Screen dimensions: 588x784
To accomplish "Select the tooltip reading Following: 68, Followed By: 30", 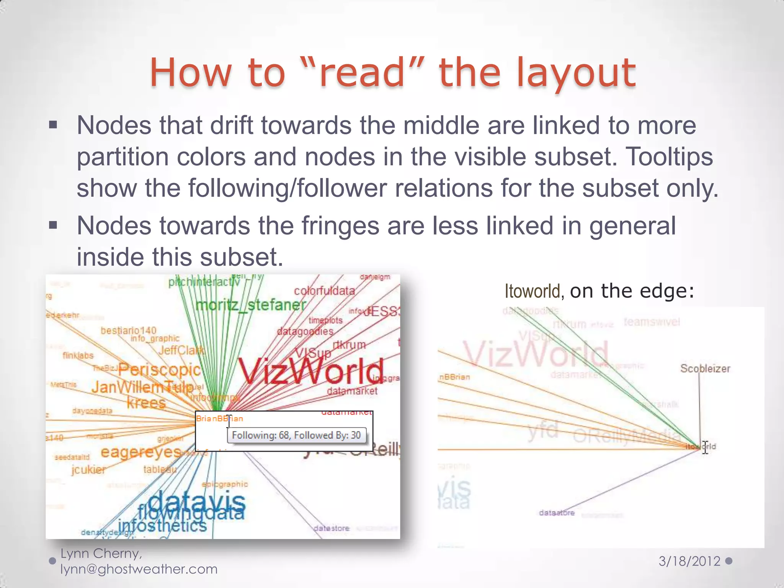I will pyautogui.click(x=296, y=435).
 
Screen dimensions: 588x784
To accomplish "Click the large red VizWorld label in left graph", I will pyautogui.click(x=311, y=371).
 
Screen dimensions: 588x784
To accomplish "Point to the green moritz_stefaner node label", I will pyautogui.click(x=251, y=305).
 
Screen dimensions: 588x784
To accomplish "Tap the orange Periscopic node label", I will pyautogui.click(x=159, y=369).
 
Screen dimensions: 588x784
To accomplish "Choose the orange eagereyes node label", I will pyautogui.click(x=141, y=452).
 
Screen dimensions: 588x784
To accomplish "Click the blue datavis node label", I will pyautogui.click(x=197, y=502).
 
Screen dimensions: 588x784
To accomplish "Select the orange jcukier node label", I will pyautogui.click(x=88, y=469).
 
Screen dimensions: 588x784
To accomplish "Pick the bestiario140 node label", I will pyautogui.click(x=128, y=330).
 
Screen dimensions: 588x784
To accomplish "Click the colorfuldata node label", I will pyautogui.click(x=324, y=291).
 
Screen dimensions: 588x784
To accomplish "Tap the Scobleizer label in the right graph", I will pyautogui.click(x=705, y=369).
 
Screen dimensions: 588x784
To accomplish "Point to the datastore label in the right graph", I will pyautogui.click(x=557, y=513).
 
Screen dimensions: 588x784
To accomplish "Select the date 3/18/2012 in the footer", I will pyautogui.click(x=689, y=561).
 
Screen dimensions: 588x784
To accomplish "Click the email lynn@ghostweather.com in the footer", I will pyautogui.click(x=139, y=569).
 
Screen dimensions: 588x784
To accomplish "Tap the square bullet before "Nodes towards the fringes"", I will pyautogui.click(x=53, y=225).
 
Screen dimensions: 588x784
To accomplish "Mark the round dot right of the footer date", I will pyautogui.click(x=729, y=561).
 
